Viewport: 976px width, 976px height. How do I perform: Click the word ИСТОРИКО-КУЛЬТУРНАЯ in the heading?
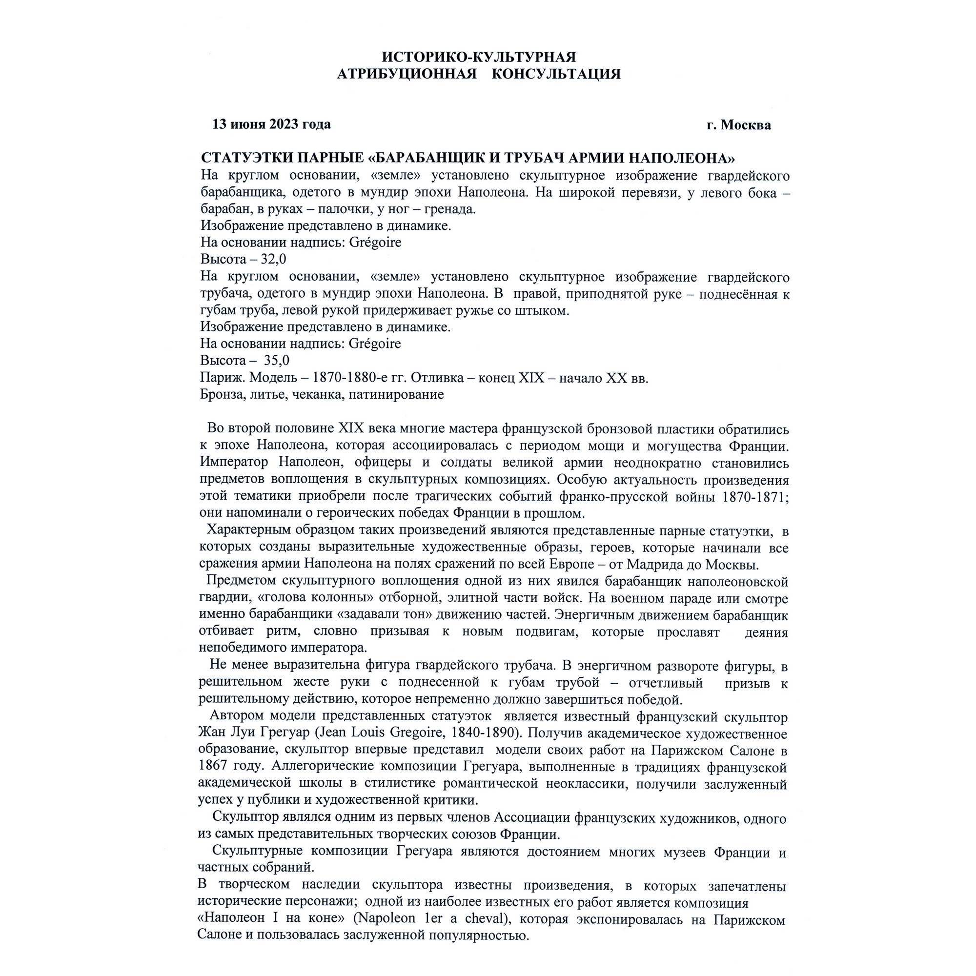pyautogui.click(x=478, y=57)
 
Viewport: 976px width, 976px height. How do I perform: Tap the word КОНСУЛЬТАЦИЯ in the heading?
pyautogui.click(x=556, y=74)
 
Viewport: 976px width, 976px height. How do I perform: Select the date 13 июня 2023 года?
pyautogui.click(x=271, y=124)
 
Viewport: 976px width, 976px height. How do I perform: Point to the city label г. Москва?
pyautogui.click(x=738, y=125)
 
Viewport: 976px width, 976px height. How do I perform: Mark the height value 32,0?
pyautogui.click(x=273, y=259)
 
